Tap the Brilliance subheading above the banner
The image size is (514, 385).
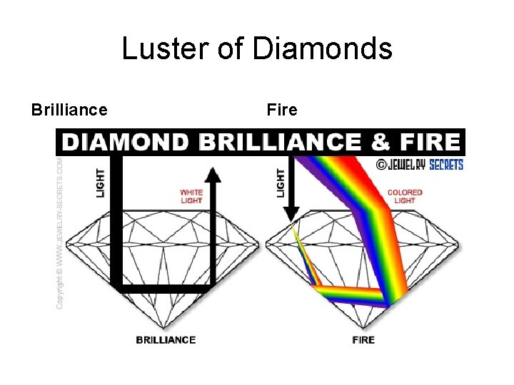[x=69, y=110]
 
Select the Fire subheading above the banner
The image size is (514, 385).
[x=282, y=110]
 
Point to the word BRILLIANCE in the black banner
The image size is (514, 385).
[x=280, y=142]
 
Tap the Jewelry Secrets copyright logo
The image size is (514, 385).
[x=420, y=165]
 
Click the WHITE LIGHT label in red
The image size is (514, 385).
[x=191, y=196]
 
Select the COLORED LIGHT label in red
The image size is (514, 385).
[x=404, y=196]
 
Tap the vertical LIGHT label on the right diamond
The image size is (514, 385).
[x=281, y=183]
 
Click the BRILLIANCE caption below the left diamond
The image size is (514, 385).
[x=166, y=339]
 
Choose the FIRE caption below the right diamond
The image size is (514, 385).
[x=363, y=339]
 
